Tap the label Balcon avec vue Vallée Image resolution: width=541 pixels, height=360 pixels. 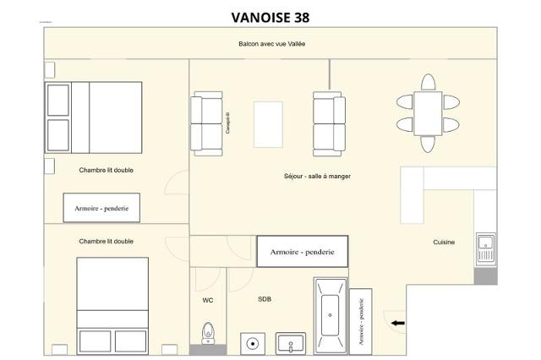pyautogui.click(x=270, y=44)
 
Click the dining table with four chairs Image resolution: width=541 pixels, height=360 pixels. pyautogui.click(x=428, y=113)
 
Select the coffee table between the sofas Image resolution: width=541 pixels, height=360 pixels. pyautogui.click(x=268, y=124)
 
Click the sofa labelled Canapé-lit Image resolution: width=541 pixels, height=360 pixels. pyautogui.click(x=206, y=123)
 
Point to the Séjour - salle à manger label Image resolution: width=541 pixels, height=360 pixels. pyautogui.click(x=317, y=177)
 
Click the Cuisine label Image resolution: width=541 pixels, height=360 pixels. pyautogui.click(x=444, y=243)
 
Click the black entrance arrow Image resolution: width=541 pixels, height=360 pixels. pyautogui.click(x=397, y=322)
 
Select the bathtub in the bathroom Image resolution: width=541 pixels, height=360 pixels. pyautogui.click(x=331, y=315)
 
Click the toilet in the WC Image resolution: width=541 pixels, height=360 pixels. pyautogui.click(x=208, y=334)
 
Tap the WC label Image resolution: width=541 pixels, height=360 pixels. pyautogui.click(x=208, y=300)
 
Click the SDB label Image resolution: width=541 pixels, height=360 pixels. pyautogui.click(x=265, y=299)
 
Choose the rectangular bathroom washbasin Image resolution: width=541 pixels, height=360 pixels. pyautogui.click(x=291, y=344)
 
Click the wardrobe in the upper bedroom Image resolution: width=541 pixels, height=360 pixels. pyautogui.click(x=101, y=207)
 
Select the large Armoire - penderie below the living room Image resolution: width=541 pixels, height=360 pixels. pyautogui.click(x=302, y=252)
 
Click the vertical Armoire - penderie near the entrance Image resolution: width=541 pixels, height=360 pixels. pyautogui.click(x=361, y=320)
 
